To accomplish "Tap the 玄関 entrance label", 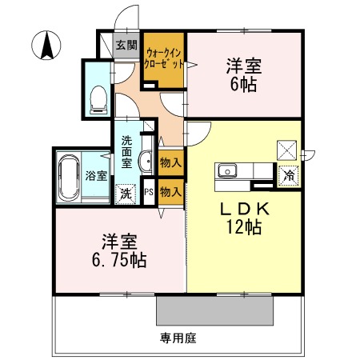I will point(126,45).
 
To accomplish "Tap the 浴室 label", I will point(97,175).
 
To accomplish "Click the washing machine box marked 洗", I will point(126,192).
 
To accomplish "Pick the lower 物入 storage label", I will point(170,191).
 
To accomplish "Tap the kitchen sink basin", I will point(226,170).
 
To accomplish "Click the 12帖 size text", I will point(243,228).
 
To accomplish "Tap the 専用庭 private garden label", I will point(177,338).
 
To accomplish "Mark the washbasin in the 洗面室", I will point(145,162).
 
